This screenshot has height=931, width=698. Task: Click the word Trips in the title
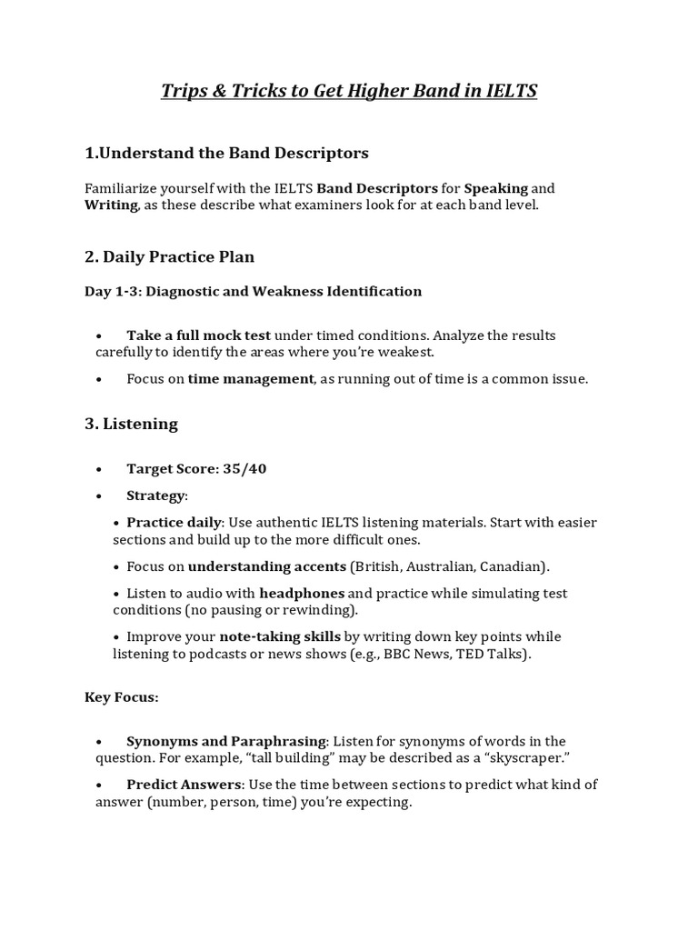tap(183, 91)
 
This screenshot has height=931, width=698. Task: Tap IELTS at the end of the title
tap(511, 91)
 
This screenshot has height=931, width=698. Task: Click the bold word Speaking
tap(496, 188)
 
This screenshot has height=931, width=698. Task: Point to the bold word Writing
tap(111, 205)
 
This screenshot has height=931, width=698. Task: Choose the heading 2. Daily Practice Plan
tap(169, 256)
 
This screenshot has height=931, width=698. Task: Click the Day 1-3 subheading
tap(253, 292)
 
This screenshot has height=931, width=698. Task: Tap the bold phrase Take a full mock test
tap(199, 335)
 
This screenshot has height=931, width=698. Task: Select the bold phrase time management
tap(251, 379)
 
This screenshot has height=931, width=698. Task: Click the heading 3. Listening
tap(131, 424)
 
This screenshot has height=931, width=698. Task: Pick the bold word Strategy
tap(155, 496)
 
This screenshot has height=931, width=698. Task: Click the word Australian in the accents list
tap(442, 566)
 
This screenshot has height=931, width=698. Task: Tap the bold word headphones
tap(301, 593)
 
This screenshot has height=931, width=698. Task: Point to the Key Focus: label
tap(122, 697)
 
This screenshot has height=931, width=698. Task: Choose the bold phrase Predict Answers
tap(184, 785)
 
